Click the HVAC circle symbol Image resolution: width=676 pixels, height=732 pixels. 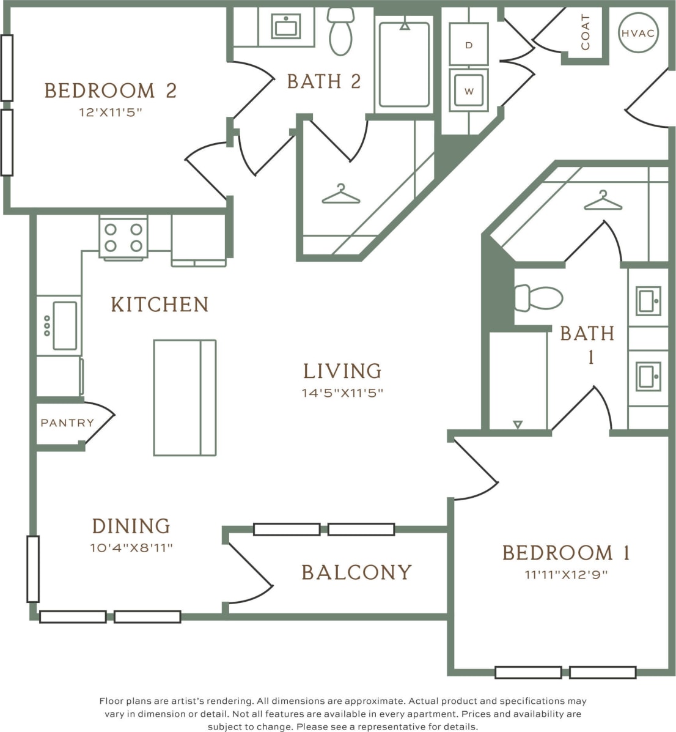click(638, 32)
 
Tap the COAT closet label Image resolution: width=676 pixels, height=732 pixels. click(586, 32)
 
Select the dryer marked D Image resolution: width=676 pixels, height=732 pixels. click(469, 44)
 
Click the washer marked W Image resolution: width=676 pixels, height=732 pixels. click(469, 91)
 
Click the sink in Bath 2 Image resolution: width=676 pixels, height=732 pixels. click(286, 26)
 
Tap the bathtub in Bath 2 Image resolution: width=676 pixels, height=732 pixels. click(404, 64)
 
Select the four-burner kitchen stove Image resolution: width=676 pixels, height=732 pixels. click(123, 237)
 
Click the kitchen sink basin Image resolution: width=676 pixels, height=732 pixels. click(65, 325)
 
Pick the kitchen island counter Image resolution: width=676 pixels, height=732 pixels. click(185, 397)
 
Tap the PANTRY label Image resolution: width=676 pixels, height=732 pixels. click(67, 423)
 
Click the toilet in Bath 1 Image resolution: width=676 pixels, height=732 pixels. click(538, 298)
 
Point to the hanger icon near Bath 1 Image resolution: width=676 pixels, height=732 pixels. click(603, 201)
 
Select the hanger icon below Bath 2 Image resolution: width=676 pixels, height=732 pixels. click(340, 194)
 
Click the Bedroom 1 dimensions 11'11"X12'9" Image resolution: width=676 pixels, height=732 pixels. click(566, 574)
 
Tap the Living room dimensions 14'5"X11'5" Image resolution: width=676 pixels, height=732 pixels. click(342, 393)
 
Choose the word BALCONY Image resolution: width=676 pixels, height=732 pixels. click(357, 572)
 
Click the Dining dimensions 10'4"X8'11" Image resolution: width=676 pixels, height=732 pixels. click(131, 547)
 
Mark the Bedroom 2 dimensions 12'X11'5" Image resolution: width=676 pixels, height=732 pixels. click(111, 113)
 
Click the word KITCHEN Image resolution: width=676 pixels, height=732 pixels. click(160, 305)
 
